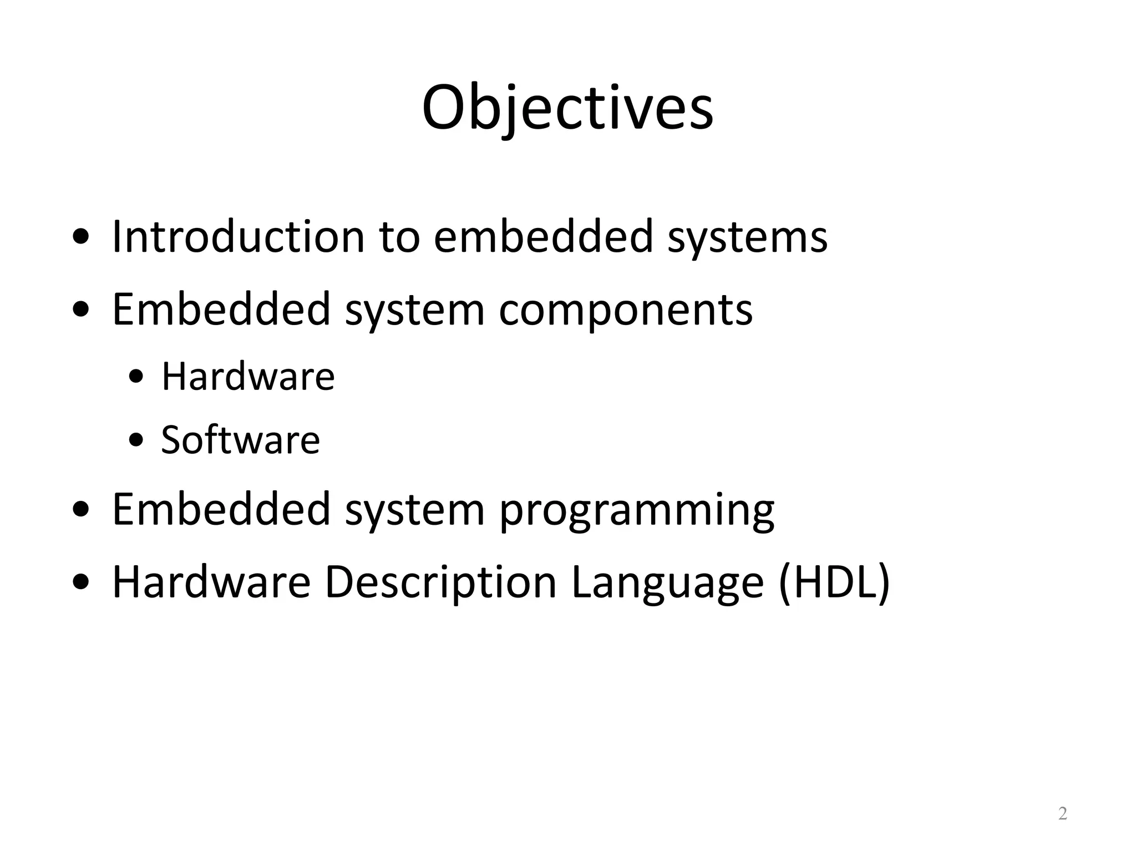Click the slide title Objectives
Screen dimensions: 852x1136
tap(567, 108)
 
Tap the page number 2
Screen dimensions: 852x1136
tap(1062, 813)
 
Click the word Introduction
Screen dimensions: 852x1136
tap(237, 237)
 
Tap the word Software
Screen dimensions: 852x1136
tap(240, 440)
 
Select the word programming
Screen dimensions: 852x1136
tap(636, 511)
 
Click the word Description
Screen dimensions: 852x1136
tap(440, 583)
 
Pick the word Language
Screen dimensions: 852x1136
tap(667, 583)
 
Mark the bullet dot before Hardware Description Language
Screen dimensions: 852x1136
tap(81, 583)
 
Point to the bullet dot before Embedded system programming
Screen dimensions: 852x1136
tap(81, 510)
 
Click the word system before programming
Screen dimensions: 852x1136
tap(414, 511)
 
